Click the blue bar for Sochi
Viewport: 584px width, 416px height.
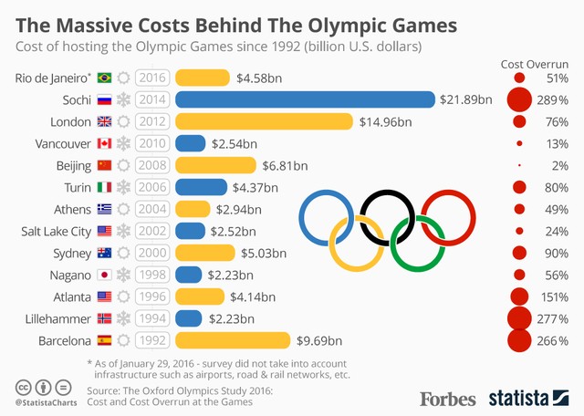click(305, 99)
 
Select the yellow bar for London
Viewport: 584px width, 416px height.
click(264, 121)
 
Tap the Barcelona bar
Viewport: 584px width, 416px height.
click(235, 340)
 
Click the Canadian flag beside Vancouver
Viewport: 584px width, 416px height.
click(104, 143)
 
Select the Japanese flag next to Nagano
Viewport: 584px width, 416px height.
click(104, 275)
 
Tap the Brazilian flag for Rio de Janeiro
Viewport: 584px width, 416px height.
click(104, 78)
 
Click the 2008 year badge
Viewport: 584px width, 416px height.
click(152, 165)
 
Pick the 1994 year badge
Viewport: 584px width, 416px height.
click(152, 318)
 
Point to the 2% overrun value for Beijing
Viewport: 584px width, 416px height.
click(559, 165)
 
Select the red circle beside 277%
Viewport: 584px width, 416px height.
click(519, 318)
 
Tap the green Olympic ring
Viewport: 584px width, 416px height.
click(417, 244)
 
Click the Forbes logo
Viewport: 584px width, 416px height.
click(448, 398)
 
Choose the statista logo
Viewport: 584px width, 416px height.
click(530, 397)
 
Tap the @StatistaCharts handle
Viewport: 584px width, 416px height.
click(46, 401)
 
